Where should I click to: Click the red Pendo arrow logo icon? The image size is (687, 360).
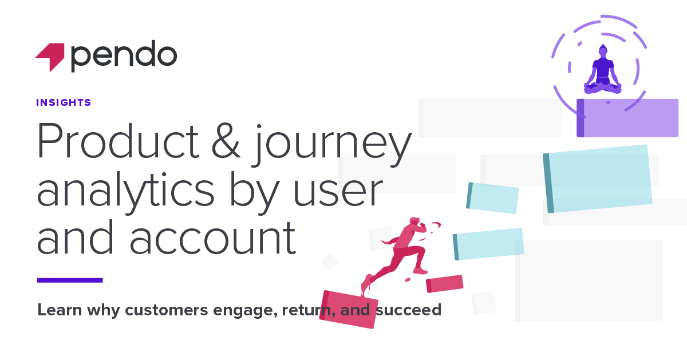click(x=50, y=57)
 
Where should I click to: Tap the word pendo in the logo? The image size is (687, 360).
click(x=124, y=56)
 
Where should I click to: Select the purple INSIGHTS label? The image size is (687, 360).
click(x=64, y=103)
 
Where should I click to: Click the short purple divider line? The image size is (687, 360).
click(x=70, y=280)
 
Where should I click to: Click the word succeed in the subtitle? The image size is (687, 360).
click(x=409, y=311)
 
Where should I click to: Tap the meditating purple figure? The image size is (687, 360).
click(x=602, y=72)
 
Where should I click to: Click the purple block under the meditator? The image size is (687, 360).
click(x=627, y=118)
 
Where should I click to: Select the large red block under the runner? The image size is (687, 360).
click(x=349, y=310)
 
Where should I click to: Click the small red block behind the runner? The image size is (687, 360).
click(x=445, y=283)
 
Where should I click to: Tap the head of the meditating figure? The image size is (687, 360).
click(x=602, y=50)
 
